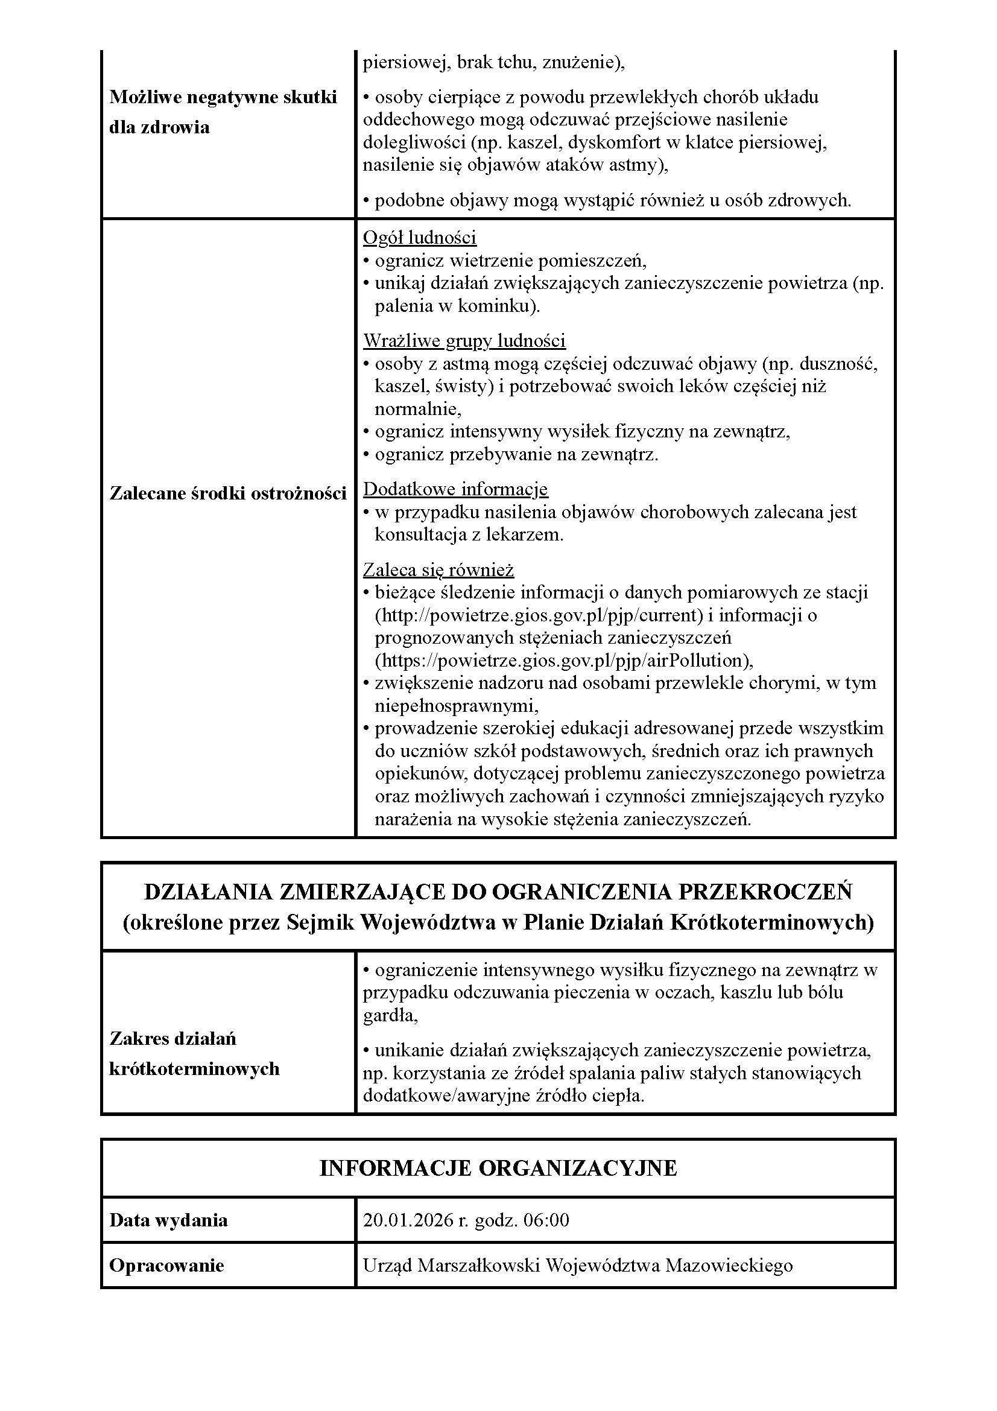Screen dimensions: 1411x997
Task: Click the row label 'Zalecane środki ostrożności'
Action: pyautogui.click(x=228, y=493)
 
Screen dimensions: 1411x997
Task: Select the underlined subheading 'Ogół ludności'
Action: pyautogui.click(x=420, y=238)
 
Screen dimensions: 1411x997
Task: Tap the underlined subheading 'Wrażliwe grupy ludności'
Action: pyautogui.click(x=464, y=340)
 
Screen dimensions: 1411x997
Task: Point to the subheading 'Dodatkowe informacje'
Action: pyautogui.click(x=455, y=489)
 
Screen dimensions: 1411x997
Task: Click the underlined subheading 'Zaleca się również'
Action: pyautogui.click(x=438, y=569)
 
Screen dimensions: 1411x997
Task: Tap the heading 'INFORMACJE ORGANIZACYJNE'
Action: pyautogui.click(x=498, y=1168)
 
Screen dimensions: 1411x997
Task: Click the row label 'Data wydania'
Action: pyautogui.click(x=168, y=1220)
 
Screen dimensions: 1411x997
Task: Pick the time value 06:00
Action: pyautogui.click(x=545, y=1220)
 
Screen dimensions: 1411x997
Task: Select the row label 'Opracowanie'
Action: pyautogui.click(x=166, y=1266)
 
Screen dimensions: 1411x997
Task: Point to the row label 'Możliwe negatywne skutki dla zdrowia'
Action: pyautogui.click(x=223, y=112)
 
